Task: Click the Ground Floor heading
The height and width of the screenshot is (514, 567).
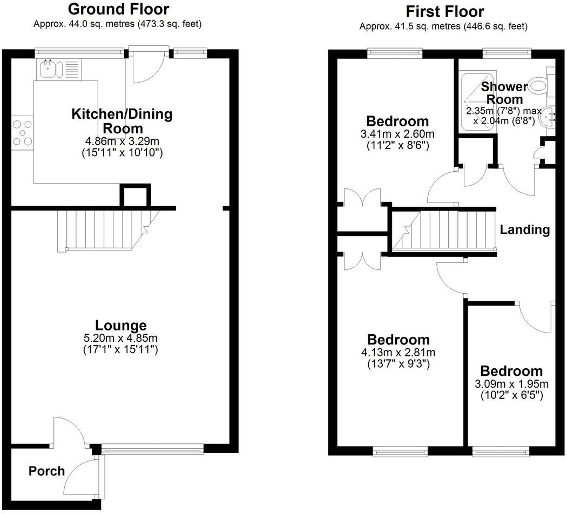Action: (x=119, y=9)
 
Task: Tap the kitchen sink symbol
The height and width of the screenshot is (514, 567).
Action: (x=51, y=69)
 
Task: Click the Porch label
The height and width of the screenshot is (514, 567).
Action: (x=46, y=471)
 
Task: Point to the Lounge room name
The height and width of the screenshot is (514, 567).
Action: (x=120, y=326)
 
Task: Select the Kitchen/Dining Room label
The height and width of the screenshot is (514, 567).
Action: (x=122, y=121)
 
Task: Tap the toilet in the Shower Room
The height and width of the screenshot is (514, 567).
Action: (x=539, y=85)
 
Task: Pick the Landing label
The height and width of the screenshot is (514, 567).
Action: (x=524, y=229)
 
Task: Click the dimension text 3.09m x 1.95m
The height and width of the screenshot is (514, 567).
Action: (x=511, y=384)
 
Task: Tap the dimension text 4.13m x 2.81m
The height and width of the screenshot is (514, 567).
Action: (x=399, y=353)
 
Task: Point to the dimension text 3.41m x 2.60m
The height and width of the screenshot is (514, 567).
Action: (x=397, y=133)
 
